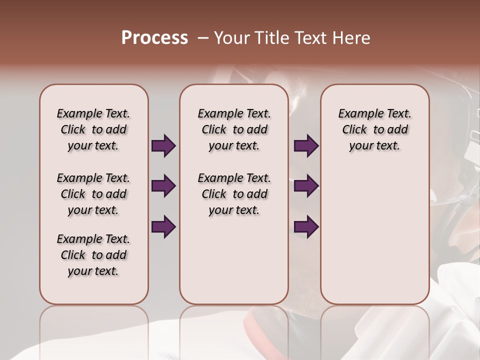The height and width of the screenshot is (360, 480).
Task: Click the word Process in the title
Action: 154,38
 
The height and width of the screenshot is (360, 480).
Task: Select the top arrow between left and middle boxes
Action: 163,146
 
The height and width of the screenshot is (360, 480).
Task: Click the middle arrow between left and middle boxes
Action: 163,186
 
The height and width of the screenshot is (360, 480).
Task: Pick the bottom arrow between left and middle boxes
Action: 163,226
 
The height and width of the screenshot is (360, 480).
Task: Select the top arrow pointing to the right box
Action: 306,146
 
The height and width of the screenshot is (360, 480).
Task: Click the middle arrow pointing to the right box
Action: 306,186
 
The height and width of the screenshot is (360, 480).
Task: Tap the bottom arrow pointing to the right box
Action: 306,226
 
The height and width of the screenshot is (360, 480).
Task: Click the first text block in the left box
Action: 93,129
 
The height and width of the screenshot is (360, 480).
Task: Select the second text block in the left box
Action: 93,194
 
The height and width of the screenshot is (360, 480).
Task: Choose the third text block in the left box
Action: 93,255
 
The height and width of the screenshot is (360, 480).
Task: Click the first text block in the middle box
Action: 234,129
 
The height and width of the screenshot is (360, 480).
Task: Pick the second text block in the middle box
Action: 234,194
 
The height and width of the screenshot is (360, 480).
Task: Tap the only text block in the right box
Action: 374,129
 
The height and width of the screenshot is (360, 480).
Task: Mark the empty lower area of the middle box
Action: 234,260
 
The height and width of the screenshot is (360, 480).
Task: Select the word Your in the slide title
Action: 231,38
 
